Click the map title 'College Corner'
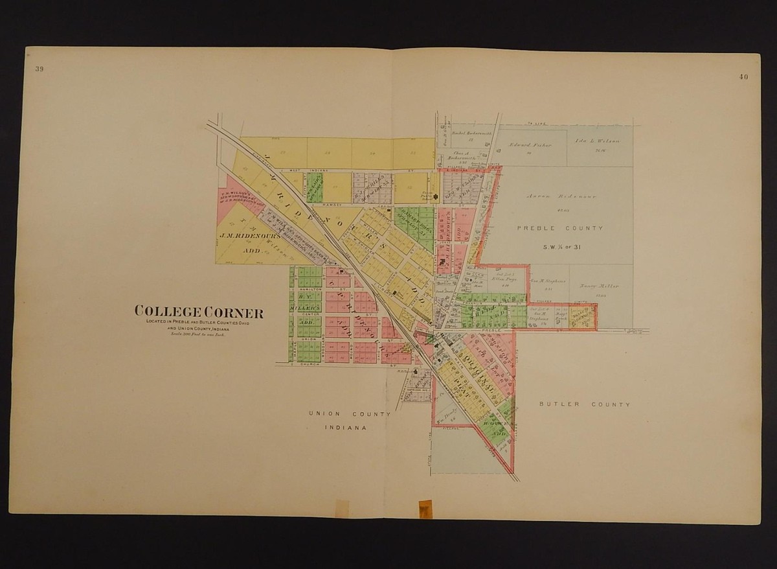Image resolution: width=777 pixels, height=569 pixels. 198,312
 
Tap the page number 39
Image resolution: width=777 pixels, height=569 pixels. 30,70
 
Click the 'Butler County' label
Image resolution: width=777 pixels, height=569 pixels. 584,404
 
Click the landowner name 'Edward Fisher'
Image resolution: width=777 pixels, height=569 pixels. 530,145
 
